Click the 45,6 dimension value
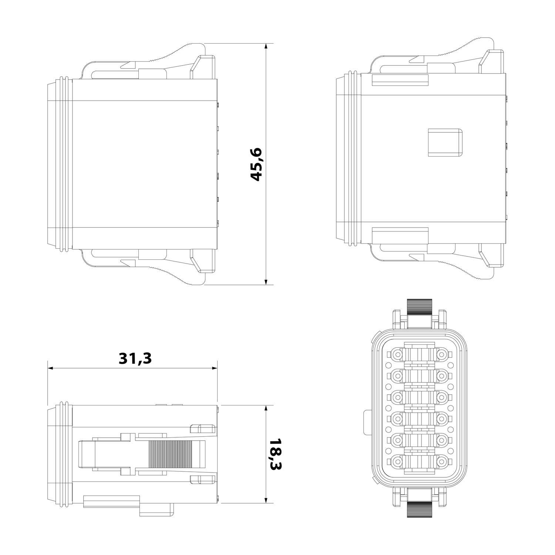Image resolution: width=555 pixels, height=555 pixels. click(256, 164)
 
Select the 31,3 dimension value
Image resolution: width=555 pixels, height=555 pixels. click(135, 358)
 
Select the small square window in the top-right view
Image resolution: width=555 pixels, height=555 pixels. click(445, 142)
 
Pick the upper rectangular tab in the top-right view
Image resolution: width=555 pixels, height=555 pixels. click(400, 80)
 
